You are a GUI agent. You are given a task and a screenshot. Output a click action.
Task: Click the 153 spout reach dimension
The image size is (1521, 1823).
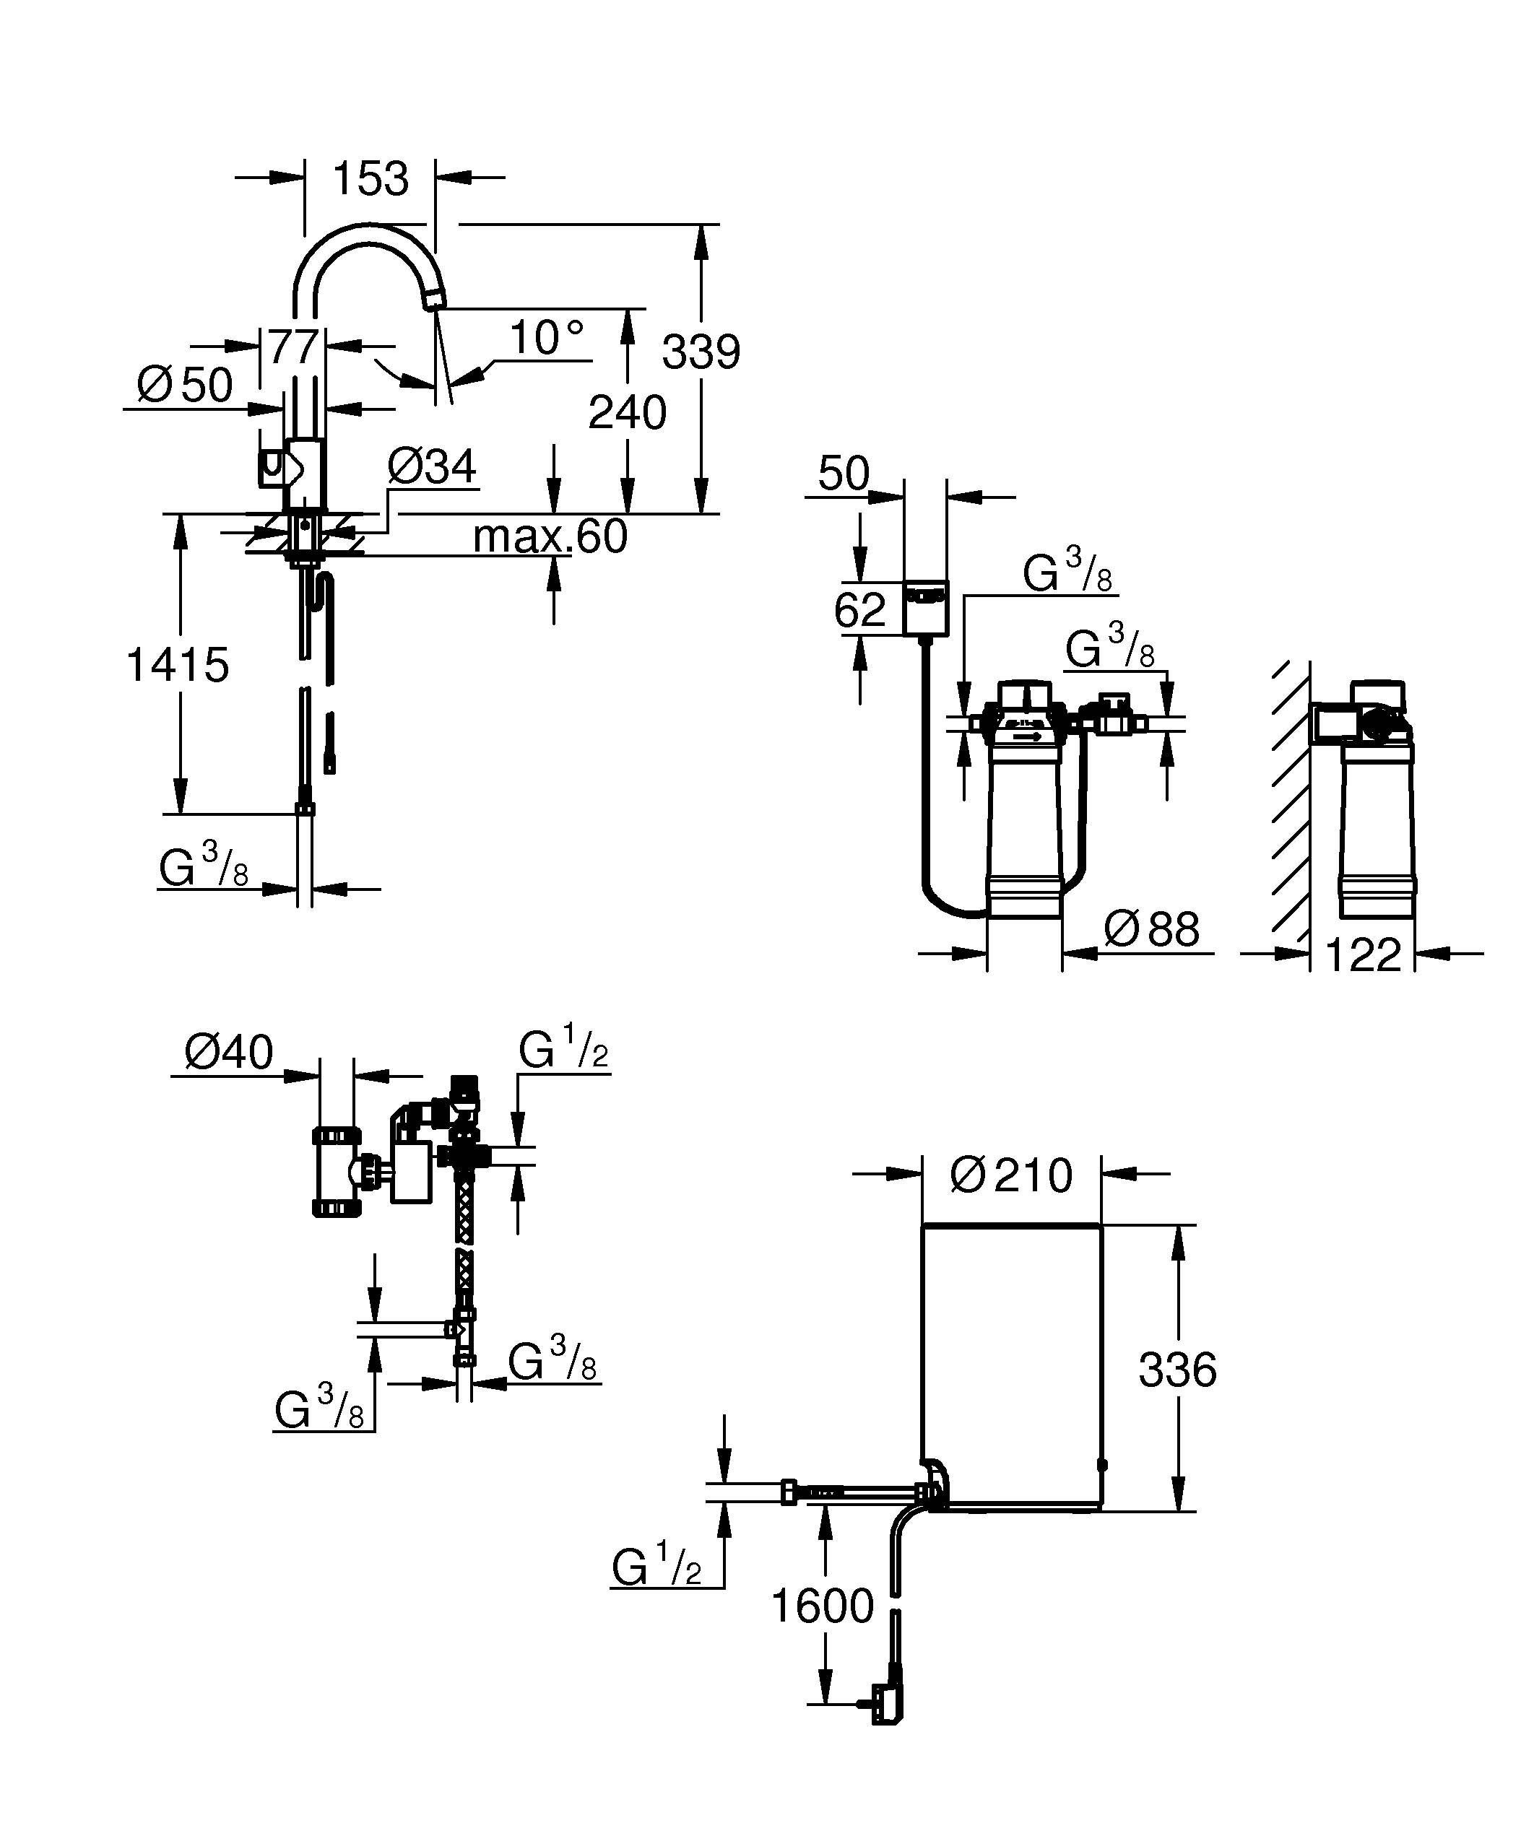[x=370, y=179]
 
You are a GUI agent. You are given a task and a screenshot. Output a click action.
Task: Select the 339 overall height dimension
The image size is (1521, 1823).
[x=701, y=352]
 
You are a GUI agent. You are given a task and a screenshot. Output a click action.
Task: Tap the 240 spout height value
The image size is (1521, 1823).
[x=627, y=412]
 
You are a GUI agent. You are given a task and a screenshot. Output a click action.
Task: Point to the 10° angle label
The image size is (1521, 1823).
[x=547, y=338]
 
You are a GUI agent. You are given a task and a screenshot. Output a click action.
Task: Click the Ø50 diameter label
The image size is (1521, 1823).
[x=185, y=385]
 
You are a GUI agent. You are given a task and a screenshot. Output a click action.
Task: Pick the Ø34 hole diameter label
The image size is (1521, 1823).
[x=431, y=466]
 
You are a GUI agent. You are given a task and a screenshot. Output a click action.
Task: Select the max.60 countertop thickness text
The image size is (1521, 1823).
[x=550, y=536]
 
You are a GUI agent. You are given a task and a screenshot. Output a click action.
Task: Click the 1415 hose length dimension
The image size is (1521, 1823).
[x=178, y=665]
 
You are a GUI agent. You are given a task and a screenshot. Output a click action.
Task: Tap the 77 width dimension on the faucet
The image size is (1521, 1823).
[x=292, y=347]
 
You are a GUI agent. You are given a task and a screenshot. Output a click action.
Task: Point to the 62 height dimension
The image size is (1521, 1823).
[x=859, y=609]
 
